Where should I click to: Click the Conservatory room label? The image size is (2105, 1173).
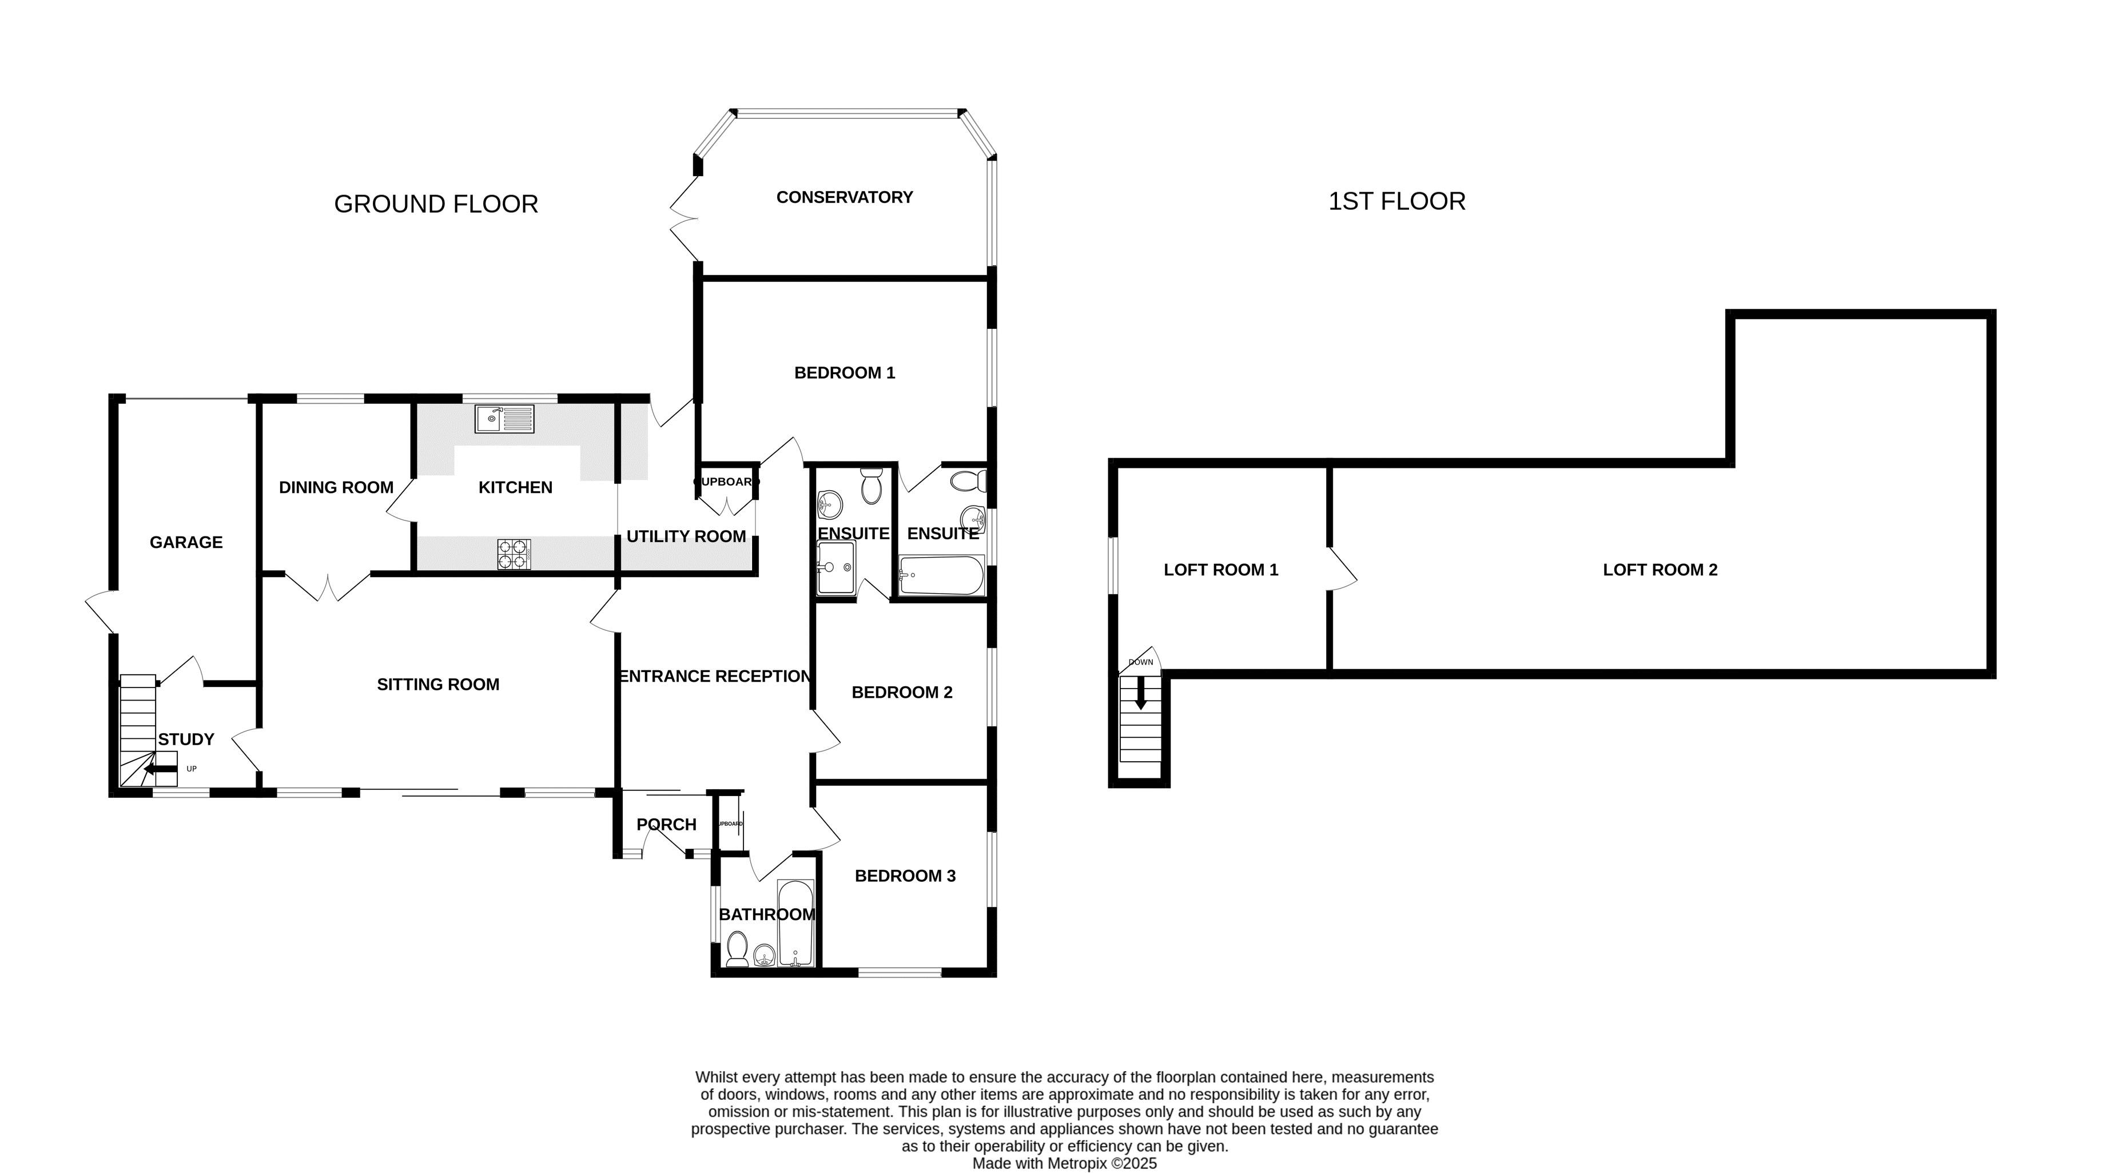[x=844, y=197]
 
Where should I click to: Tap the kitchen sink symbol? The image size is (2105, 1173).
[x=504, y=419]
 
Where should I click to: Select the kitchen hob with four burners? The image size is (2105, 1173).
[x=514, y=554]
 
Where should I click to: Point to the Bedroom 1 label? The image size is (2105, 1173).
[x=844, y=373]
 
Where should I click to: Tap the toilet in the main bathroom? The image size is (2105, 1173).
[x=737, y=950]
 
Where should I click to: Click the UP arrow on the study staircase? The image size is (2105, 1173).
[x=160, y=769]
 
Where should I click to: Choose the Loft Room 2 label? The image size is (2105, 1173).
[x=1660, y=570]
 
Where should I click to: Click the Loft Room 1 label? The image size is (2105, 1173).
[x=1221, y=570]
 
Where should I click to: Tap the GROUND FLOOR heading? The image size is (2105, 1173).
[x=436, y=204]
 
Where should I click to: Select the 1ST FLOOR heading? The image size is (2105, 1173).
[x=1396, y=201]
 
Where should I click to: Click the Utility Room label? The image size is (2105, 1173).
[x=686, y=536]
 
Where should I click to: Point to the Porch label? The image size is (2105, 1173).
[x=666, y=824]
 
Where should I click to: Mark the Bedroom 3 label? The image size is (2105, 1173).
[x=905, y=876]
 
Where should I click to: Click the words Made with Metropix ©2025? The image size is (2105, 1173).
[x=1064, y=1163]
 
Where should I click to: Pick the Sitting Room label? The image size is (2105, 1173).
[x=438, y=684]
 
